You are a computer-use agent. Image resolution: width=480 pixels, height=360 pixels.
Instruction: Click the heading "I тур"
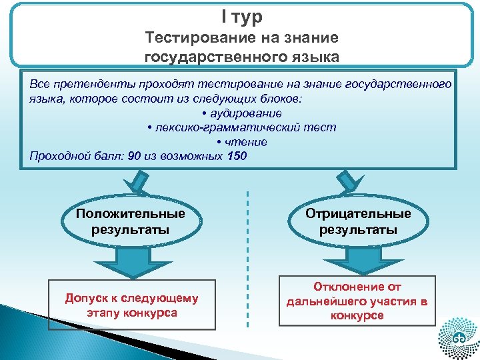click(241, 16)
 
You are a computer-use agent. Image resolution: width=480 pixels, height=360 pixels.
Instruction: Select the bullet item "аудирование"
click(241, 113)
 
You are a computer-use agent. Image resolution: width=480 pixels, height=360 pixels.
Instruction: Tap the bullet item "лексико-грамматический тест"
click(241, 127)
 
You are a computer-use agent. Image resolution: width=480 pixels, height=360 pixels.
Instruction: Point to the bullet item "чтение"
click(241, 142)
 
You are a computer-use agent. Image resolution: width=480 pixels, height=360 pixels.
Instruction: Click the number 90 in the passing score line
click(135, 157)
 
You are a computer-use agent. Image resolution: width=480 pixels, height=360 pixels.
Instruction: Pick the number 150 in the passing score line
click(237, 157)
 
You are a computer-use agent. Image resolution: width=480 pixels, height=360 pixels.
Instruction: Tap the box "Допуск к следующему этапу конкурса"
click(131, 305)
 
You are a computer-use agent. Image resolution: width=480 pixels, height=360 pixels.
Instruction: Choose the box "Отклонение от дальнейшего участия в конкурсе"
click(357, 301)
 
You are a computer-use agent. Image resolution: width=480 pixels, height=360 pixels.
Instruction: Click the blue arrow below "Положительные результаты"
click(131, 261)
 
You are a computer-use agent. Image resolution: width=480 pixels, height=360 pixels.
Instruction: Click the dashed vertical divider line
click(247, 260)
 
